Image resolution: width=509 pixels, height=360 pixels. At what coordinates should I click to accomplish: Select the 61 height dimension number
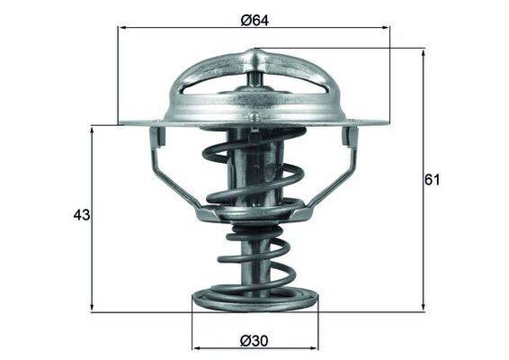tap(432, 180)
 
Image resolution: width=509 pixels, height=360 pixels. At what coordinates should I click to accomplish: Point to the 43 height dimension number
tap(82, 216)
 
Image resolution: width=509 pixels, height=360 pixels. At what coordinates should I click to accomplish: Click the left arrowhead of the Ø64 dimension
tap(123, 28)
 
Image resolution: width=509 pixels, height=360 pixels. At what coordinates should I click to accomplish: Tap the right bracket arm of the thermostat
tap(342, 171)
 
